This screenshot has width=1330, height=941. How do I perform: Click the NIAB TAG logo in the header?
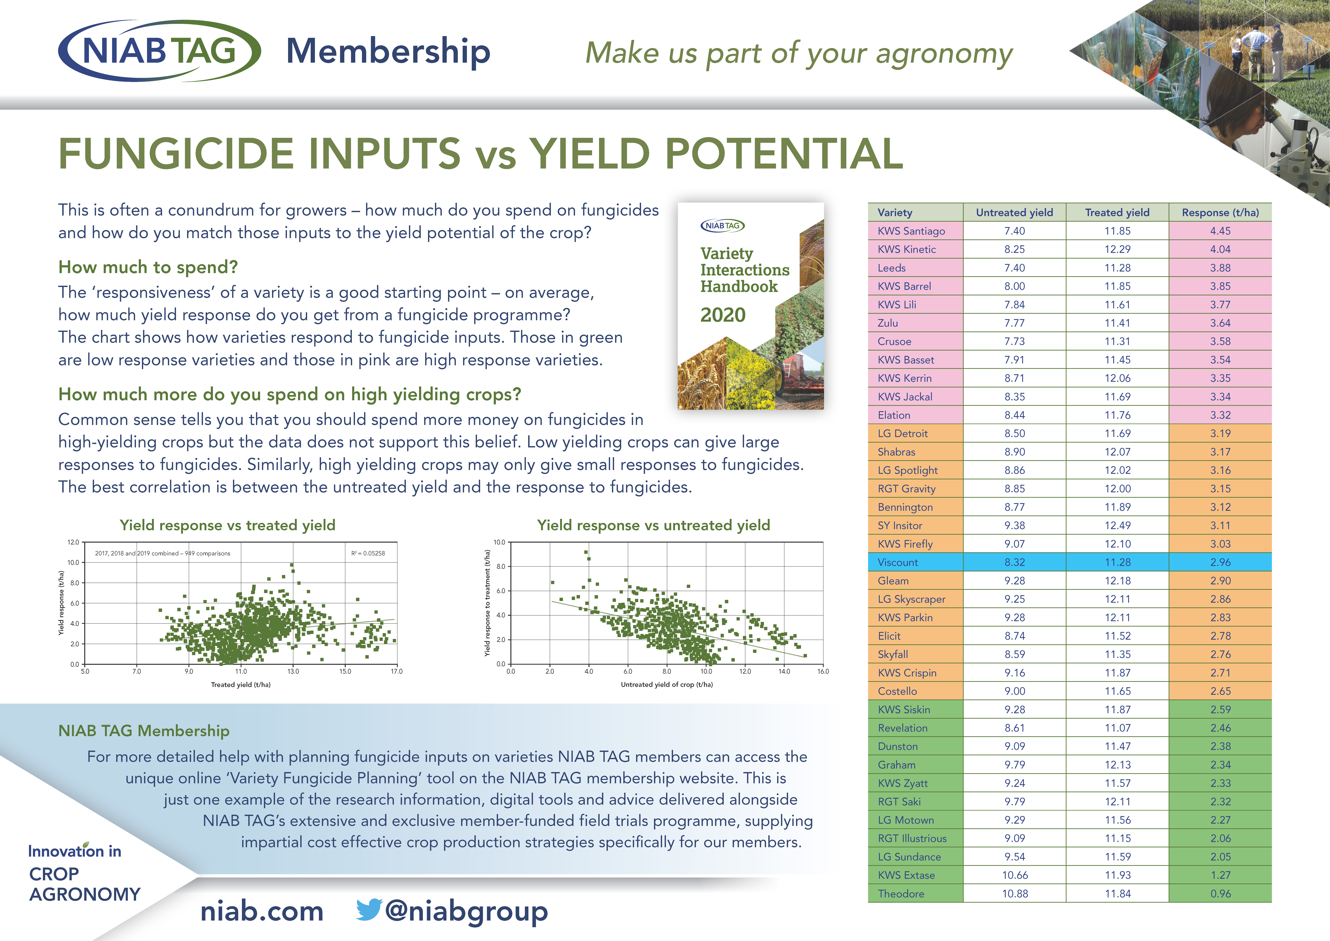[x=159, y=51]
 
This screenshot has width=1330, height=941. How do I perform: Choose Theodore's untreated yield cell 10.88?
[x=1015, y=894]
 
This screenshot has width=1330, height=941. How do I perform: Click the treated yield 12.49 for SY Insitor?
[x=1117, y=525]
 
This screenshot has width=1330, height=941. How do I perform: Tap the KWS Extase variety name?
[x=906, y=875]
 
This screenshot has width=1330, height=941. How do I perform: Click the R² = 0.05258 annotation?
[x=368, y=553]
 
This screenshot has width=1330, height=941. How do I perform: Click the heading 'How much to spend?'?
[x=148, y=267]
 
